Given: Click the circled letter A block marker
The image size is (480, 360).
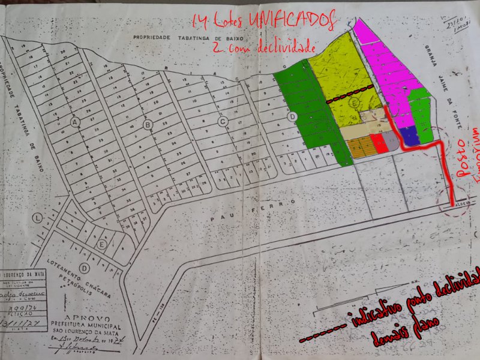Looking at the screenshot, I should (x=75, y=122).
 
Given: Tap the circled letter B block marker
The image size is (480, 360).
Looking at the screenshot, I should (x=148, y=124).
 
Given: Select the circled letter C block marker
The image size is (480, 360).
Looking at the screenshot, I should (x=222, y=122).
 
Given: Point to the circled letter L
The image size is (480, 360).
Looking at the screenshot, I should (x=38, y=217).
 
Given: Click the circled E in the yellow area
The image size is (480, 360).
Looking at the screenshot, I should (x=356, y=104).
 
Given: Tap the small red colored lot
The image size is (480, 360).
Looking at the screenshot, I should (x=378, y=142).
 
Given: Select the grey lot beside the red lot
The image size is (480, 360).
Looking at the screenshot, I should (x=391, y=141).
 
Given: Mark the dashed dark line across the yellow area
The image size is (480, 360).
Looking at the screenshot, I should (x=351, y=95).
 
